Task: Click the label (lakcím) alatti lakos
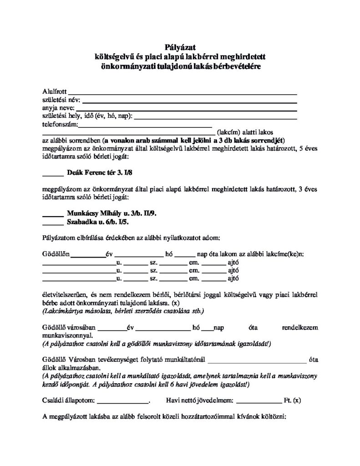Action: pos(239,132)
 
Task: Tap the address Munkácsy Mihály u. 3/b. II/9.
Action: pos(112,213)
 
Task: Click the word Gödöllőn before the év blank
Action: pos(56,253)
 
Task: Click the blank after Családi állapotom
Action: pos(123,402)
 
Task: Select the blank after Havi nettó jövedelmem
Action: pos(259,402)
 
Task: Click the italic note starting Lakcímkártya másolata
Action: pos(123,311)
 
